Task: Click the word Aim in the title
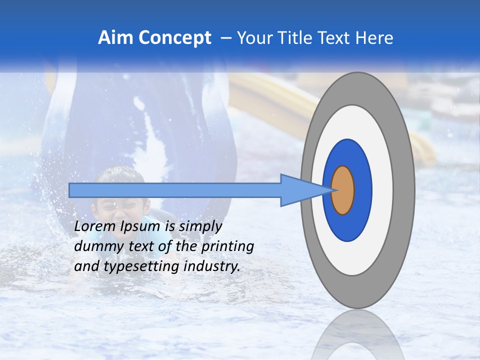tap(115, 38)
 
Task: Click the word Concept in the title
tap(174, 38)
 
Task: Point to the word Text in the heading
tap(336, 38)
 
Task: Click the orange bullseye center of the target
tap(343, 190)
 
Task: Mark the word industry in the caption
tap(212, 266)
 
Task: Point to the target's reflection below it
tap(358, 335)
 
